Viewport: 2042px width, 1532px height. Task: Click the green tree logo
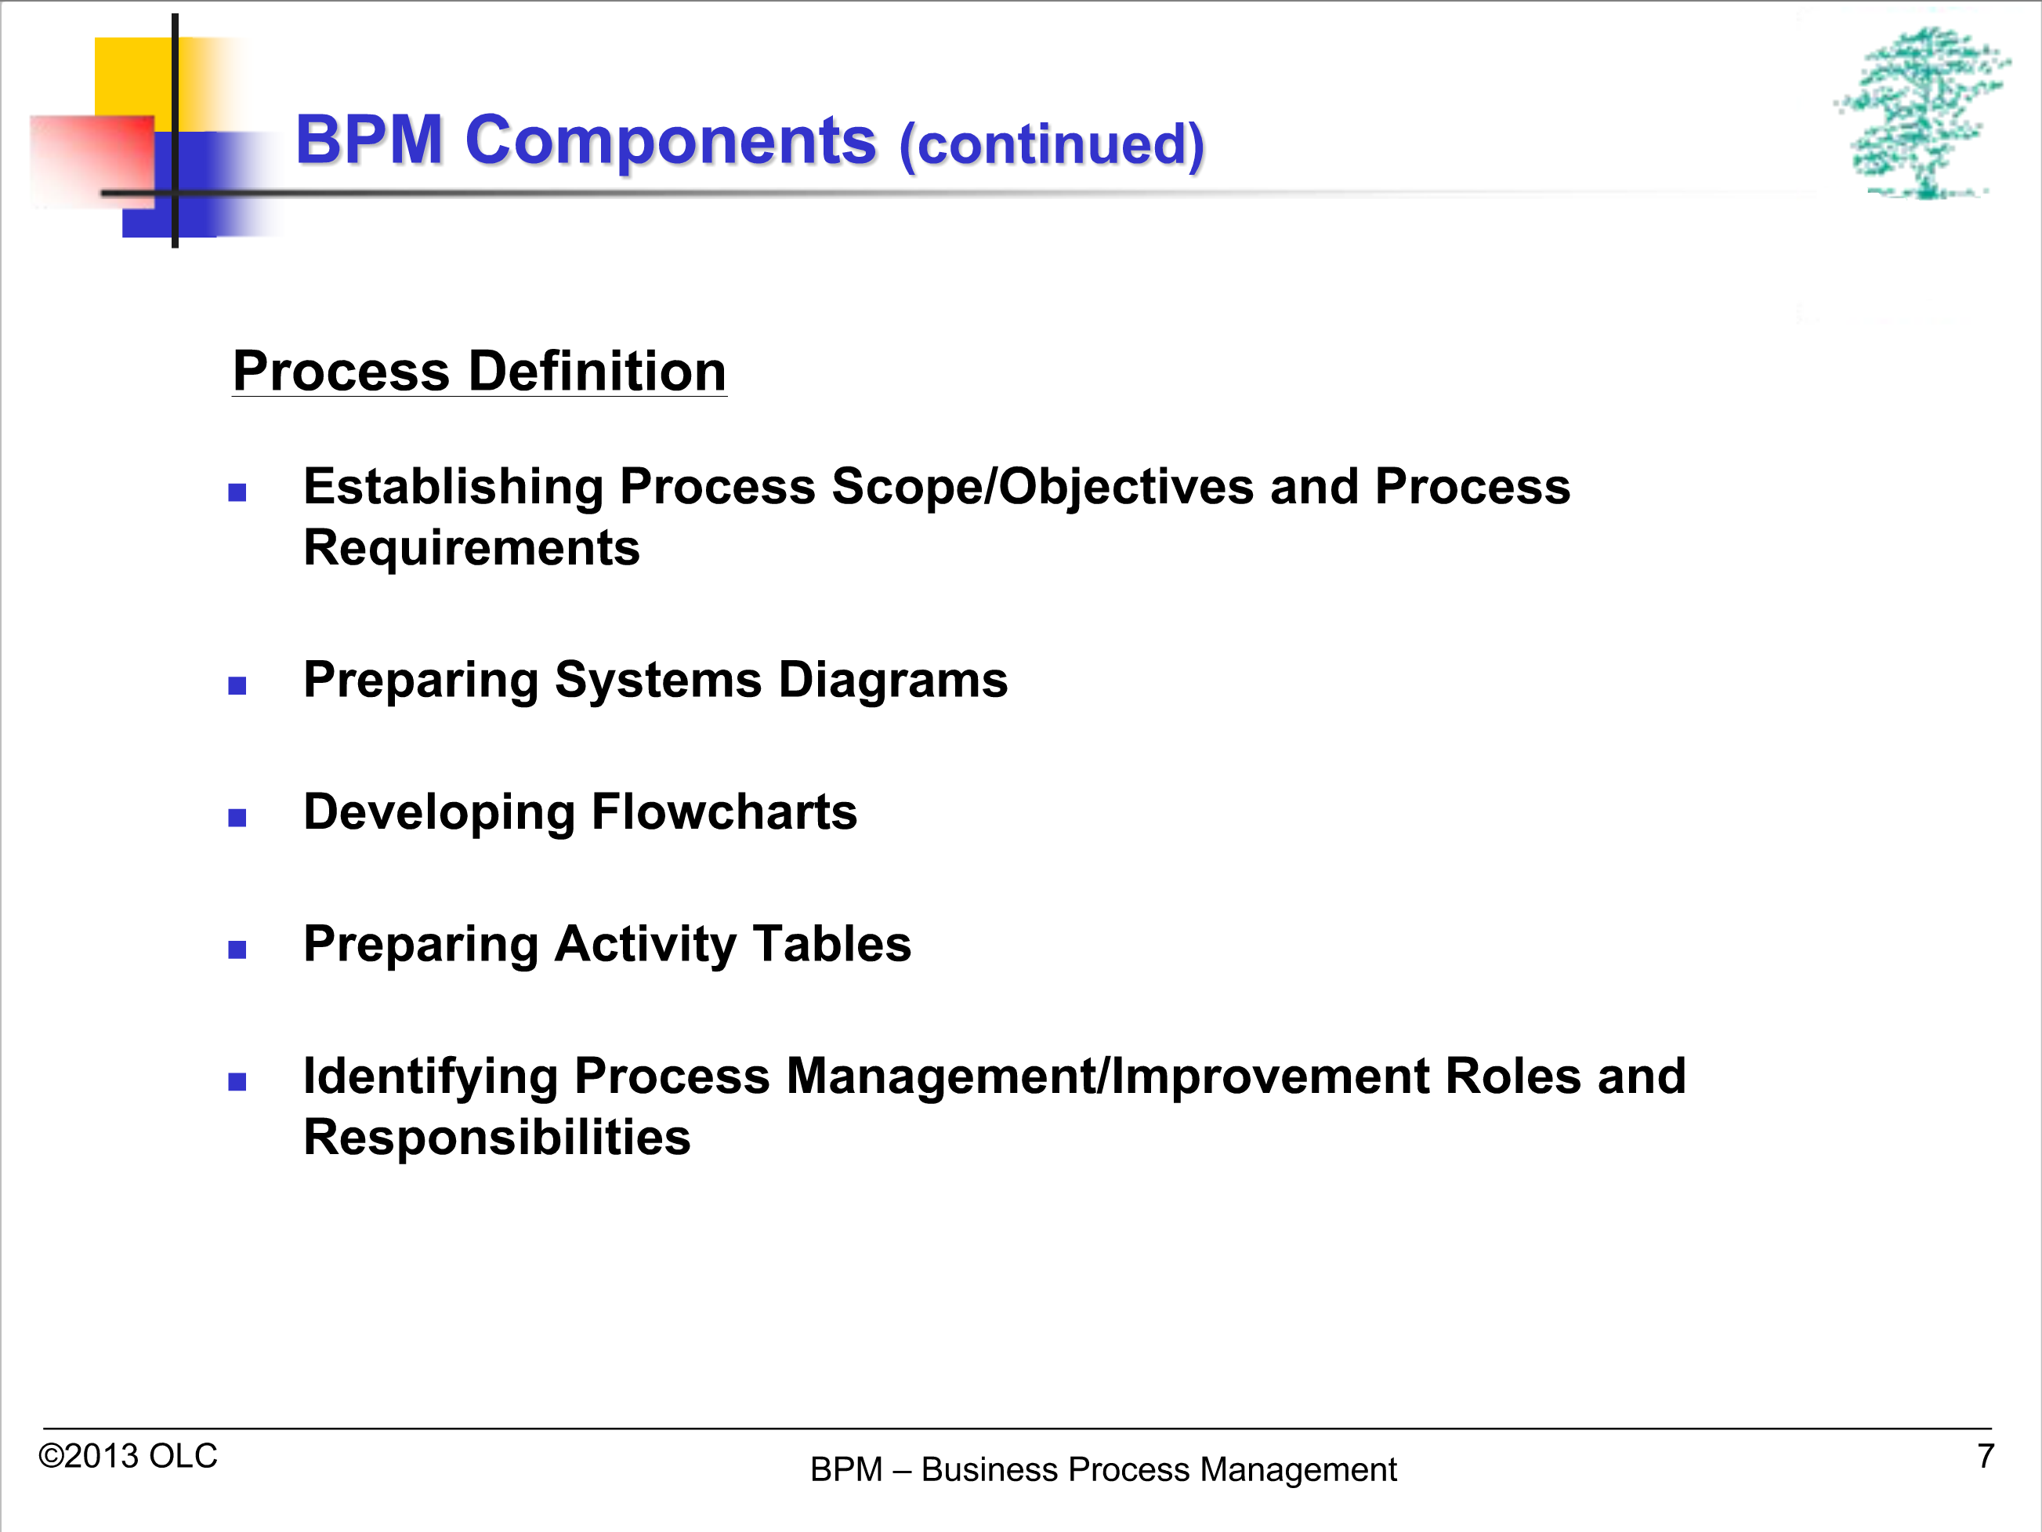tap(1922, 113)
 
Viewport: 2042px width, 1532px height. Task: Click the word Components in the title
tap(670, 140)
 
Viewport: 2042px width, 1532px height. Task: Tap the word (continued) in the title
tap(1052, 145)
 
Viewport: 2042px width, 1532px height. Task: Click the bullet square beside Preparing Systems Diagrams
tap(237, 685)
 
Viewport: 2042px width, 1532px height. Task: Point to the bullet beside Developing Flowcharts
tap(237, 817)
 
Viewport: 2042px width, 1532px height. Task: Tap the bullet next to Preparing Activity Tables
tap(237, 949)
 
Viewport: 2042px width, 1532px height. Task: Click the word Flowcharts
tap(724, 811)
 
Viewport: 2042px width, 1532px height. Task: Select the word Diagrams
tap(892, 681)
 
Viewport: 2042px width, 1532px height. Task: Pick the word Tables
tap(831, 944)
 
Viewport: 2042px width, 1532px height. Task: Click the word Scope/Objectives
tap(1042, 488)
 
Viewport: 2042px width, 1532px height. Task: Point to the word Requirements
tap(472, 549)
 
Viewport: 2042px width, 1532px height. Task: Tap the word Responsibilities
tap(497, 1137)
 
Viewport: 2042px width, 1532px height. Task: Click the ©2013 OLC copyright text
tap(128, 1456)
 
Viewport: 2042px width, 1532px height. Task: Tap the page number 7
tap(1986, 1456)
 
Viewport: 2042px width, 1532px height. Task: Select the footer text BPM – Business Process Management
tap(1103, 1469)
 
